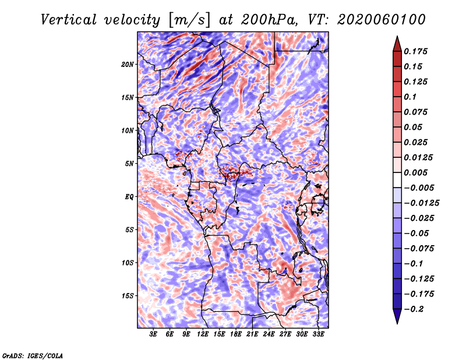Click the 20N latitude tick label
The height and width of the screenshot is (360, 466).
click(x=128, y=64)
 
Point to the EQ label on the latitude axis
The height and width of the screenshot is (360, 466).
click(x=129, y=197)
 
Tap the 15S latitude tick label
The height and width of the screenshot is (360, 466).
click(x=128, y=296)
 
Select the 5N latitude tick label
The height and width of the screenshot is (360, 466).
click(x=129, y=164)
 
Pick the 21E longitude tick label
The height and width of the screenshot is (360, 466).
click(x=253, y=334)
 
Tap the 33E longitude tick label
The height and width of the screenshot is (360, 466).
click(x=319, y=334)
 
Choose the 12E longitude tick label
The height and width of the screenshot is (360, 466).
click(x=203, y=334)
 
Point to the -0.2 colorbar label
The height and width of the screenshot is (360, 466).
click(x=415, y=309)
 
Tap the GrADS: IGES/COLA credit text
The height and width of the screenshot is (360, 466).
click(x=33, y=355)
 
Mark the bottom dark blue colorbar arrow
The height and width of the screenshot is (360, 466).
click(x=396, y=316)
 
